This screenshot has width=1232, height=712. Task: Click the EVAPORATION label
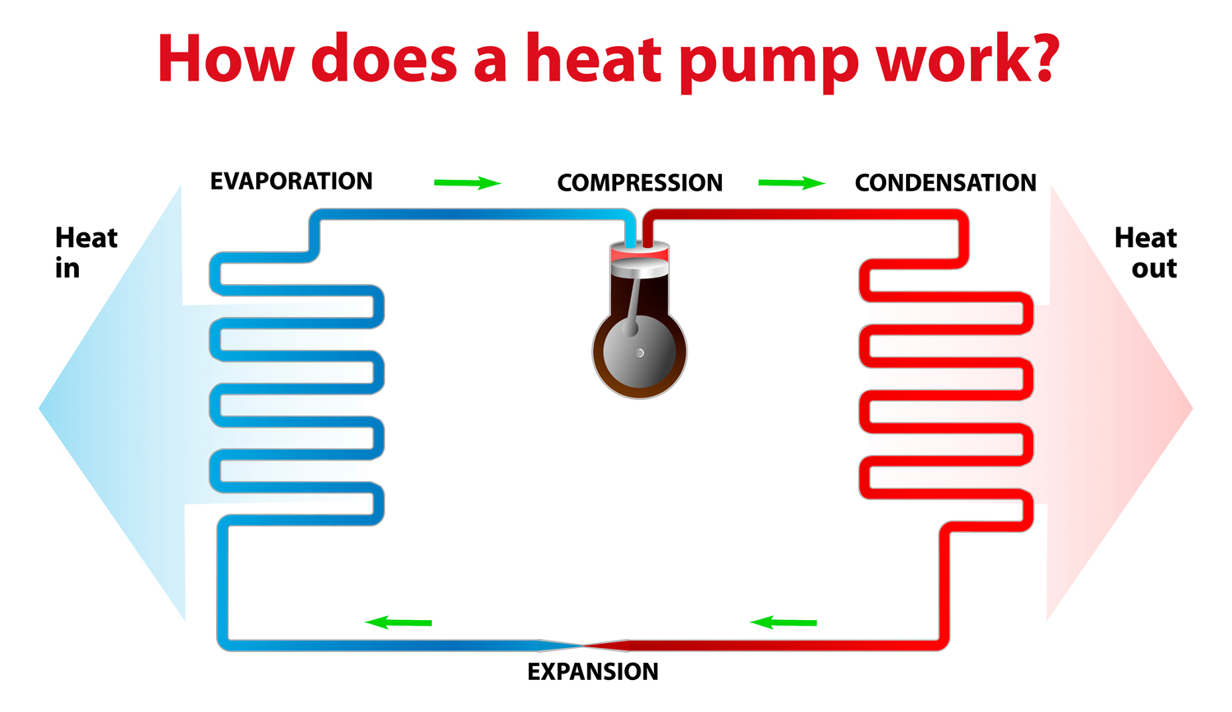pos(291,181)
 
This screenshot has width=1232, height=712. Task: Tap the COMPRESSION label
pos(640,183)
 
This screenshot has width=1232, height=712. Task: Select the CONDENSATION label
pos(945,183)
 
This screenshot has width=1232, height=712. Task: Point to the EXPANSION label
pos(592,672)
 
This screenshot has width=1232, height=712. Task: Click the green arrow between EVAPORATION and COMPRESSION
pos(467,182)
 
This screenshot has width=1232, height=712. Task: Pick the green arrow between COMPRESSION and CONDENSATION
pos(791,182)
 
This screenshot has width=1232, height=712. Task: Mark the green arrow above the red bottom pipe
pos(784,622)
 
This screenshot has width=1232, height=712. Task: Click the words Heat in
pos(85,253)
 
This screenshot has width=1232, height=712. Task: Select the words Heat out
pos(1146,253)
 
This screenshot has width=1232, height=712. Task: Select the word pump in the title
pos(768,62)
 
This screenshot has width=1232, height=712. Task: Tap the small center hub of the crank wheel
pos(640,353)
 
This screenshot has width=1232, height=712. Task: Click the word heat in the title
pos(593,59)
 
